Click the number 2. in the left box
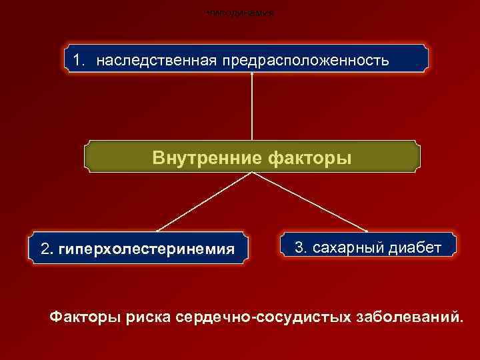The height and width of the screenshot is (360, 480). click(47, 249)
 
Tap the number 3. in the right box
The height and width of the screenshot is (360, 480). click(301, 248)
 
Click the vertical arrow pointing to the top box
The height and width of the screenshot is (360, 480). click(252, 107)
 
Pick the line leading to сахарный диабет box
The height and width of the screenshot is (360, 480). click(310, 201)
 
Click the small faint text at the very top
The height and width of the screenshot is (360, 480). click(240, 13)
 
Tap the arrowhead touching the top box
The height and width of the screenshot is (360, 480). click(252, 74)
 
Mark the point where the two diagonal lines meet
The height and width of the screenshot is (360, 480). click(252, 172)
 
